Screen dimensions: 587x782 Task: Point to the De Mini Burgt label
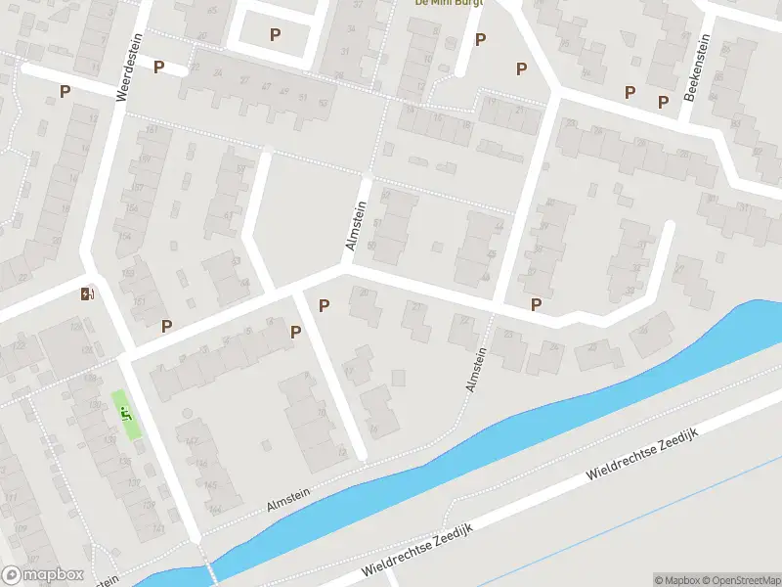450,3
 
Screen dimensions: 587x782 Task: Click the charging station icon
87,293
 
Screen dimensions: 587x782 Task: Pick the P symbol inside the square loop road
275,35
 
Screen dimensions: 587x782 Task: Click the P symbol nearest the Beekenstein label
663,102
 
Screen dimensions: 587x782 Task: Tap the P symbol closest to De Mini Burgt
480,39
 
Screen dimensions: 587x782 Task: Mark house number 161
152,130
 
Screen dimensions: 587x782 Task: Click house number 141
131,528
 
